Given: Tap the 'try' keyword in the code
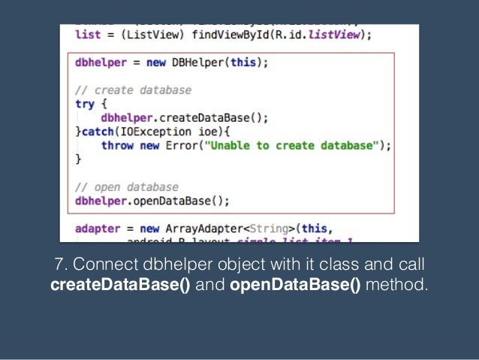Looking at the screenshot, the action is tap(84, 104).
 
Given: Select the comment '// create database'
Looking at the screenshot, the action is tap(133, 90).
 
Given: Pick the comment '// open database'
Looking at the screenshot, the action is tap(126, 186).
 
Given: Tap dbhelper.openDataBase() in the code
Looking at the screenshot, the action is tap(149, 200).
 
